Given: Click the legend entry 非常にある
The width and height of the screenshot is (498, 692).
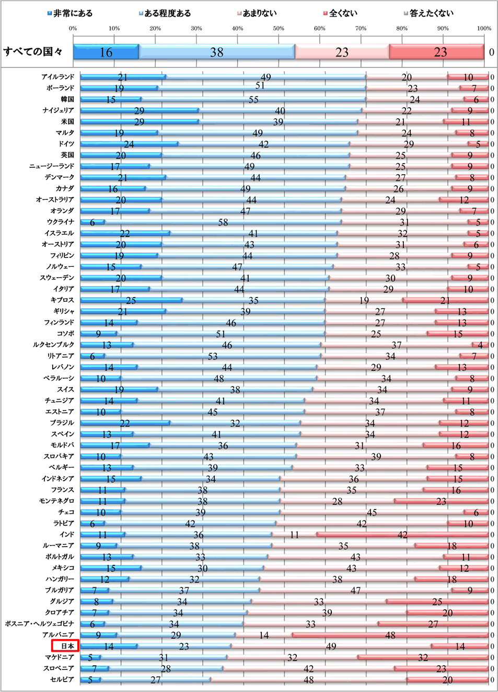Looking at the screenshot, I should (70, 13).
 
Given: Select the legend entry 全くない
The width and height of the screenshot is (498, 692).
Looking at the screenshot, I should (340, 13).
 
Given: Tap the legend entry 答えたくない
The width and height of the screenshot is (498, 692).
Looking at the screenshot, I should (428, 13).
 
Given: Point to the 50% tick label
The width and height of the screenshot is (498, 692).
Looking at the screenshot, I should (279, 28).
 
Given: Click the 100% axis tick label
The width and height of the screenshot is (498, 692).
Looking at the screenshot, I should (484, 28).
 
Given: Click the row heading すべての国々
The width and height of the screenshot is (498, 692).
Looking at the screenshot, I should (33, 52).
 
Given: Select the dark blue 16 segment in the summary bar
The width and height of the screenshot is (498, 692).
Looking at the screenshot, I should (106, 52).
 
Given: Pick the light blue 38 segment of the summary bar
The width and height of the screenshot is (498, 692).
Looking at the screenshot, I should (217, 52).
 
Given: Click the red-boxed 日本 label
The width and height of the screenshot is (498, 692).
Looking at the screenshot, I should (66, 646).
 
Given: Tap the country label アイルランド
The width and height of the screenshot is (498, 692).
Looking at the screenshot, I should (58, 77).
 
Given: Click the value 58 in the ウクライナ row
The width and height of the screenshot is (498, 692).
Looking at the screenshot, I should (223, 222).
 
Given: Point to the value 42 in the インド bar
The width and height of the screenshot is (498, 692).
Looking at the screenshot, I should (402, 535).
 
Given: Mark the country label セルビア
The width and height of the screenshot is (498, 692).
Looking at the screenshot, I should (62, 679).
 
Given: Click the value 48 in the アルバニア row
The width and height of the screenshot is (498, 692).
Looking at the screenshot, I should (390, 635).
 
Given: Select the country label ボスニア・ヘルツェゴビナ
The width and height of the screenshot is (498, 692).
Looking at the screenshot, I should (40, 623).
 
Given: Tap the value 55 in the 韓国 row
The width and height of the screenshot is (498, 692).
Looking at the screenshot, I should (253, 99).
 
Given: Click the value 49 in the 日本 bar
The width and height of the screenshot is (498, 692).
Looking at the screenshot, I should (331, 646).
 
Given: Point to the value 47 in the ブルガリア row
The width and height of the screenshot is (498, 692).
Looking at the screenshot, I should (355, 591).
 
